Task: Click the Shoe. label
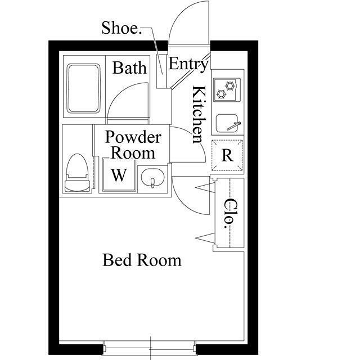(x=121, y=28)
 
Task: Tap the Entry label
(x=188, y=64)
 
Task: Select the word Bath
(x=129, y=67)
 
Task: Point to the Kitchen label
(x=199, y=115)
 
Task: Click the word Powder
(x=133, y=137)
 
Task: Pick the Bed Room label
(x=142, y=260)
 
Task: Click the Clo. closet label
(x=229, y=214)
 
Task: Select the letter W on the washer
(x=119, y=175)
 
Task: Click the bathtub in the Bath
(x=84, y=89)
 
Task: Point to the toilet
(x=77, y=173)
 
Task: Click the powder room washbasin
(x=152, y=178)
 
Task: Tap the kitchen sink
(x=227, y=124)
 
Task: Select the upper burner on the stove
(x=230, y=86)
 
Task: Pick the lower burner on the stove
(x=221, y=94)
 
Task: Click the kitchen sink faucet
(x=234, y=126)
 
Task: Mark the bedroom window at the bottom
(x=150, y=349)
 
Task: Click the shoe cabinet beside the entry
(x=161, y=71)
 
